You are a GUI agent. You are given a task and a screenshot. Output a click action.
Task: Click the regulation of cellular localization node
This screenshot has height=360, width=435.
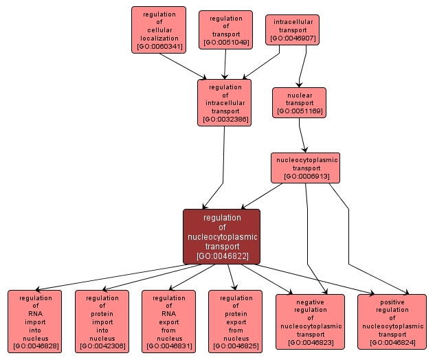159,30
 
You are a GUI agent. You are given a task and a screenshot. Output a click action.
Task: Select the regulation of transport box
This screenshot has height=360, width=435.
225,30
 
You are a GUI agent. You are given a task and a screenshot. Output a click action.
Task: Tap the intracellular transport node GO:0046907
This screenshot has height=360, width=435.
292,30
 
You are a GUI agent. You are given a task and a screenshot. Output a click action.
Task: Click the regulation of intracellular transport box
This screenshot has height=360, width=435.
224,102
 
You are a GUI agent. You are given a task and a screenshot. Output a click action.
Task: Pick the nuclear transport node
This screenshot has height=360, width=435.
299,102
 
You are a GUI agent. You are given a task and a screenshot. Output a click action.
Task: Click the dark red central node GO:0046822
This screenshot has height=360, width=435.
221,237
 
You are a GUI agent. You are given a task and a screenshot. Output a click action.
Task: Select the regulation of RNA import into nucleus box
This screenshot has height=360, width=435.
35,322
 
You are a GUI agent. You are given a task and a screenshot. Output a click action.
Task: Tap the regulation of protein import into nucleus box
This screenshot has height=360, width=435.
102,322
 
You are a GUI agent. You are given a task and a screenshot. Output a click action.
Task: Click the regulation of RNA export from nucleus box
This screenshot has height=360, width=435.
168,322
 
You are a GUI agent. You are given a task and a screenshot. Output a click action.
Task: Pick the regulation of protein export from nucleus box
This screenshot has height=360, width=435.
236,322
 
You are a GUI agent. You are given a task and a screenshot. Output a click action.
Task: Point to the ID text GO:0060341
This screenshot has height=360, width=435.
159,47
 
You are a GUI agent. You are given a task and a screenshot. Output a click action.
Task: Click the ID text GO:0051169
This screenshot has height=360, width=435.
299,111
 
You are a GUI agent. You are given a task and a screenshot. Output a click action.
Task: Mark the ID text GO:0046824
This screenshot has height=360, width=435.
392,342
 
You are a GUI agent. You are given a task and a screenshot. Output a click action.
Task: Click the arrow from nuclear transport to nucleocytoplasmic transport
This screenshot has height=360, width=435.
302,134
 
